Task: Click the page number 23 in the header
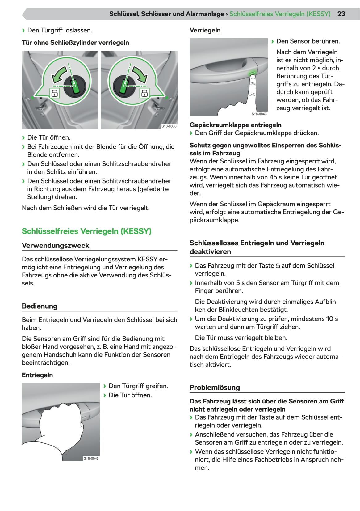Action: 341,14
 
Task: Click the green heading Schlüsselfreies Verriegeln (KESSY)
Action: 86,231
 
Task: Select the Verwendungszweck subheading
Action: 55,246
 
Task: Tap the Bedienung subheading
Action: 40,306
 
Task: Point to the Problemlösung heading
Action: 215,387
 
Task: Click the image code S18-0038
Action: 169,126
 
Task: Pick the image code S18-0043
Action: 259,114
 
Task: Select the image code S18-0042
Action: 91,458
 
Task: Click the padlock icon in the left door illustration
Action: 54,93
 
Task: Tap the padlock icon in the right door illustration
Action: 144,93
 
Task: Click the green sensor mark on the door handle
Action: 252,73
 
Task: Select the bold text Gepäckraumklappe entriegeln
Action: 235,125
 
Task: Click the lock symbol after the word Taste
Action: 278,266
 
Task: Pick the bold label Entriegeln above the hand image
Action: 37,375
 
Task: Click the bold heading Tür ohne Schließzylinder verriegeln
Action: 75,43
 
